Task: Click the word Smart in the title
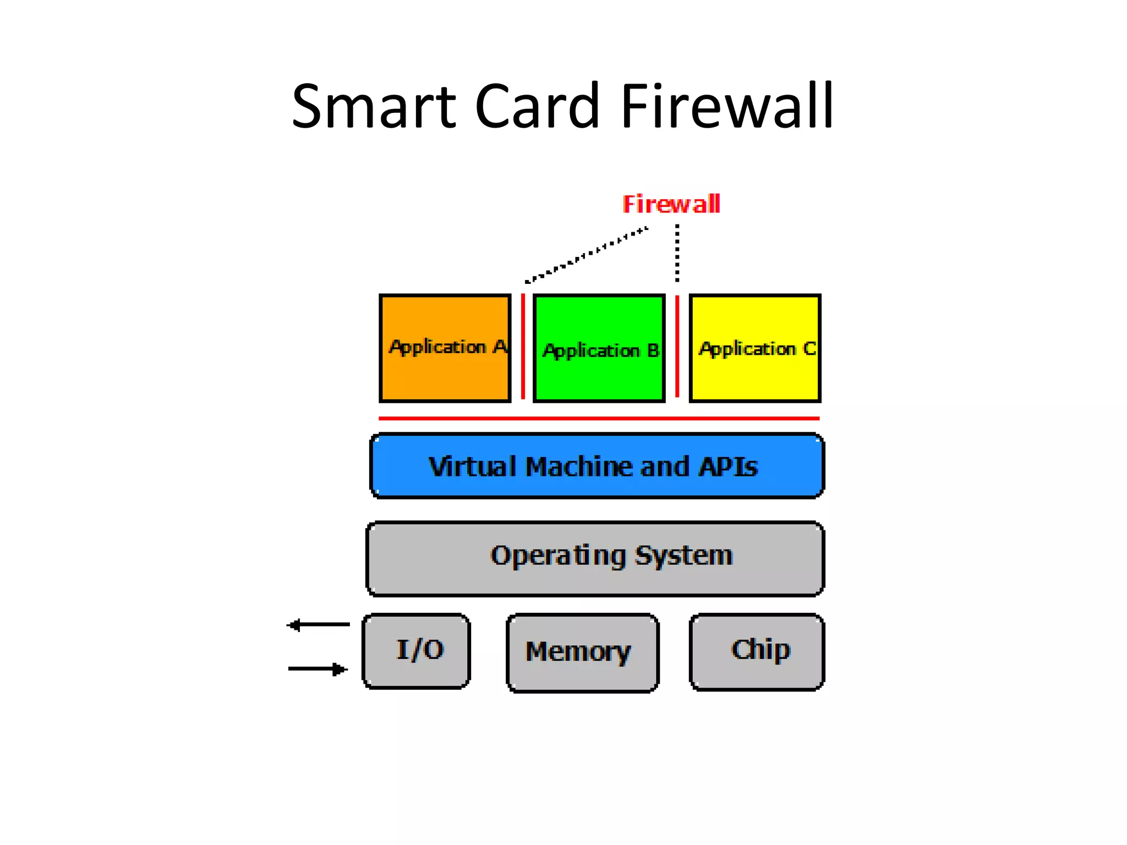point(374,106)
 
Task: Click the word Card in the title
point(537,106)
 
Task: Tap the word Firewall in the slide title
point(727,106)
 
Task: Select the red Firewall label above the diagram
point(671,204)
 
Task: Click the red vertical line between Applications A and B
point(523,347)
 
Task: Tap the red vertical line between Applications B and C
point(677,347)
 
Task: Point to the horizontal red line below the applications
point(599,419)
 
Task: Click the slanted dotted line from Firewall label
point(587,255)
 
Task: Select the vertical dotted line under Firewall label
point(677,253)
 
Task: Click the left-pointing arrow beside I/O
point(318,625)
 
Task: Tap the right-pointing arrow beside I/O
point(318,669)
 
